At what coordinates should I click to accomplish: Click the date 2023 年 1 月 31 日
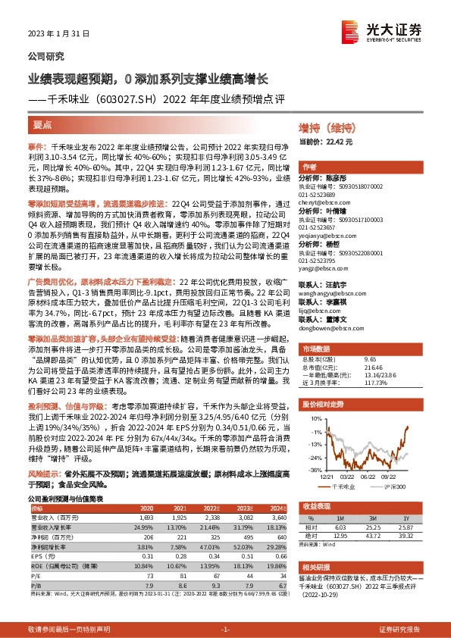point(59,34)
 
